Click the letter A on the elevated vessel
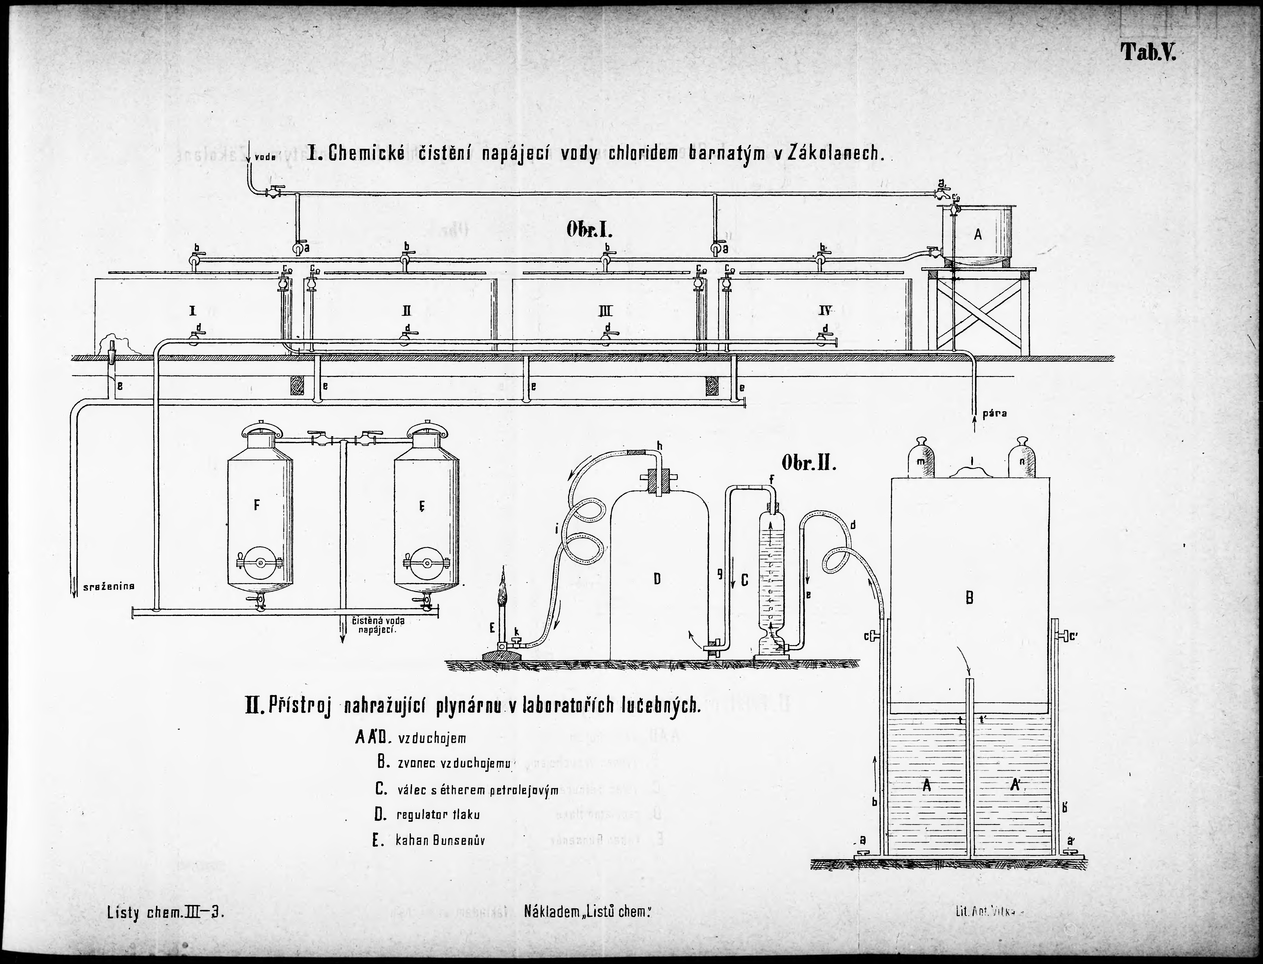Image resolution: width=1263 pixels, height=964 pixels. pyautogui.click(x=978, y=234)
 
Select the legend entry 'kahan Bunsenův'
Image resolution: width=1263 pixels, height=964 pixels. pyautogui.click(x=440, y=841)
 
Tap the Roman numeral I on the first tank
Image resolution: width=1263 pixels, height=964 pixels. pyautogui.click(x=193, y=311)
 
